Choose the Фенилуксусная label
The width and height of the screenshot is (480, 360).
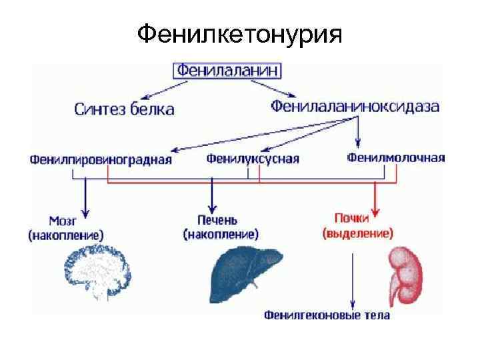[x=253, y=159]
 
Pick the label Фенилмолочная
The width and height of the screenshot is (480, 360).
[x=396, y=158]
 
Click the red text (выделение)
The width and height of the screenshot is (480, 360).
[x=358, y=233]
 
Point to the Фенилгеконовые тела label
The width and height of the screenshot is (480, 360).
[x=327, y=315]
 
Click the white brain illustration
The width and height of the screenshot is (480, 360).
[x=100, y=272]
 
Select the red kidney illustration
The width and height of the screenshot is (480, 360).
[x=407, y=273]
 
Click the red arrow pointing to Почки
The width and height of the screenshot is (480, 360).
[x=375, y=200]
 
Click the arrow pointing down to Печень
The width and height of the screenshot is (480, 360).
[x=212, y=197]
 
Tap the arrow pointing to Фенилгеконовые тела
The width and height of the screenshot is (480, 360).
[x=352, y=280]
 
